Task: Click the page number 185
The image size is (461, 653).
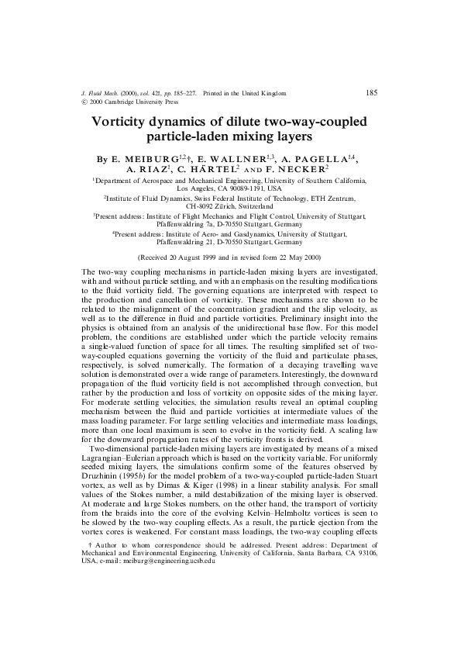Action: click(x=370, y=93)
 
